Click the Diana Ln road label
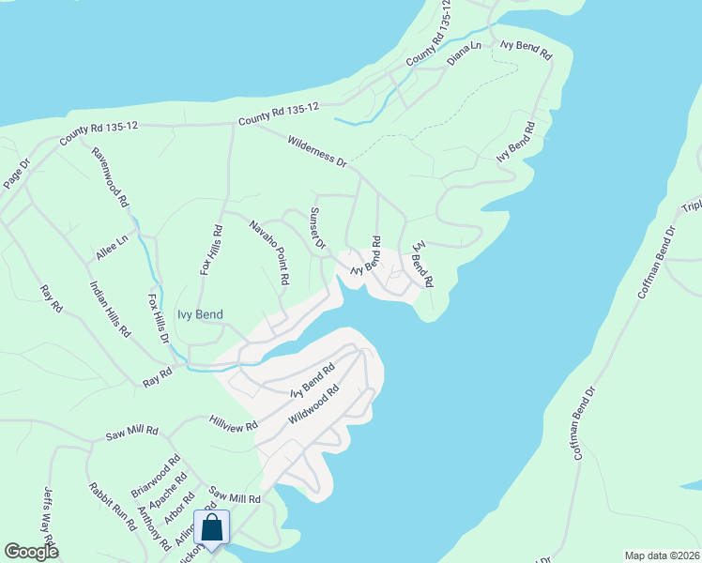pyautogui.click(x=464, y=52)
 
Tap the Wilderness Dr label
pyautogui.click(x=317, y=151)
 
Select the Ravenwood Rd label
pyautogui.click(x=111, y=176)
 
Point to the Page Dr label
pyautogui.click(x=17, y=174)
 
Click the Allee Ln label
pyautogui.click(x=111, y=248)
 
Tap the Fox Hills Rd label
pyautogui.click(x=211, y=249)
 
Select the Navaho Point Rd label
pyautogui.click(x=269, y=252)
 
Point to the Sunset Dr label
pyautogui.click(x=317, y=228)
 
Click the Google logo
pyautogui.click(x=31, y=552)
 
